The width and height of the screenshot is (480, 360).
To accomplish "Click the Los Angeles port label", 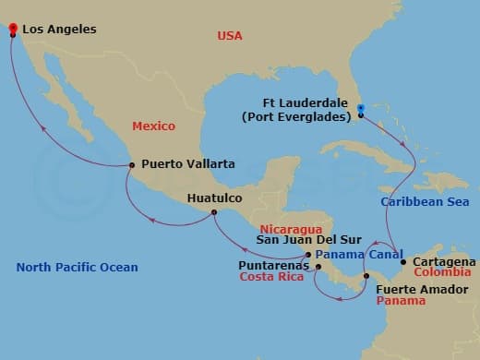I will (x=58, y=30).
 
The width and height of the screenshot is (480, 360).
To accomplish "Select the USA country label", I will (x=229, y=35).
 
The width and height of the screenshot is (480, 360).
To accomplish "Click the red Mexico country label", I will (x=153, y=125).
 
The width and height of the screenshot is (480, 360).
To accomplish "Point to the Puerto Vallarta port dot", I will (x=132, y=166).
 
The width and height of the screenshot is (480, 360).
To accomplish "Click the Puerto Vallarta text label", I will (x=188, y=164).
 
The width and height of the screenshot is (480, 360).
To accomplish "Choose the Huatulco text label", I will (x=214, y=198).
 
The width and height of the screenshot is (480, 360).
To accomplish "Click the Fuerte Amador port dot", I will (x=366, y=276).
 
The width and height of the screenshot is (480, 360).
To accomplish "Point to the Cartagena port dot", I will (x=403, y=262).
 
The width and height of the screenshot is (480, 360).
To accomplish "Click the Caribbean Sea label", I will (x=424, y=201).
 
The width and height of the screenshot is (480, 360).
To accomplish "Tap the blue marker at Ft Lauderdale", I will (x=361, y=108).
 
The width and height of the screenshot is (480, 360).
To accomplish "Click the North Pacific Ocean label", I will (x=77, y=268).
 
